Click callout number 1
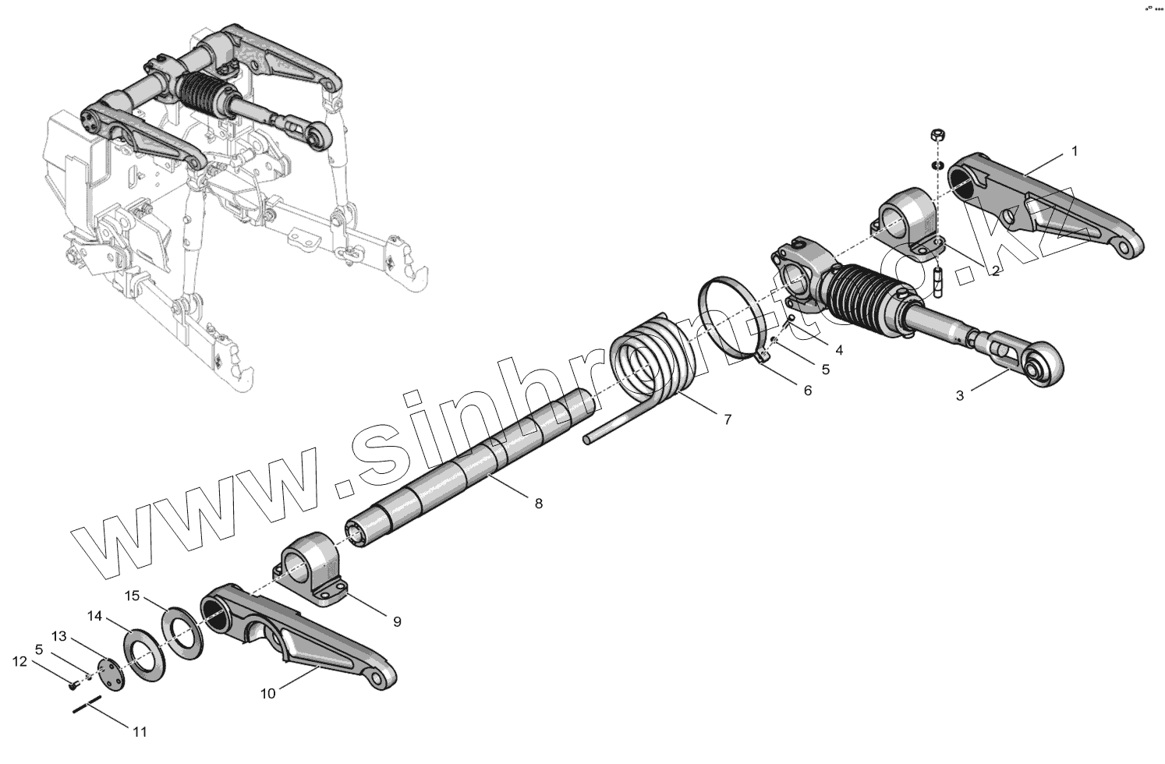point(1074,151)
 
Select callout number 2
point(996,271)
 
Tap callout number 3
point(960,396)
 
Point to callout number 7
point(727,419)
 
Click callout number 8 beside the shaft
point(538,504)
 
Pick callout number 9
point(396,621)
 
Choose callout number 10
point(267,694)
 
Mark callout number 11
point(140,732)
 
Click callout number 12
point(19,662)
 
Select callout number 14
point(94,616)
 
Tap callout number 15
point(133,596)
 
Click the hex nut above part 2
point(940,135)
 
